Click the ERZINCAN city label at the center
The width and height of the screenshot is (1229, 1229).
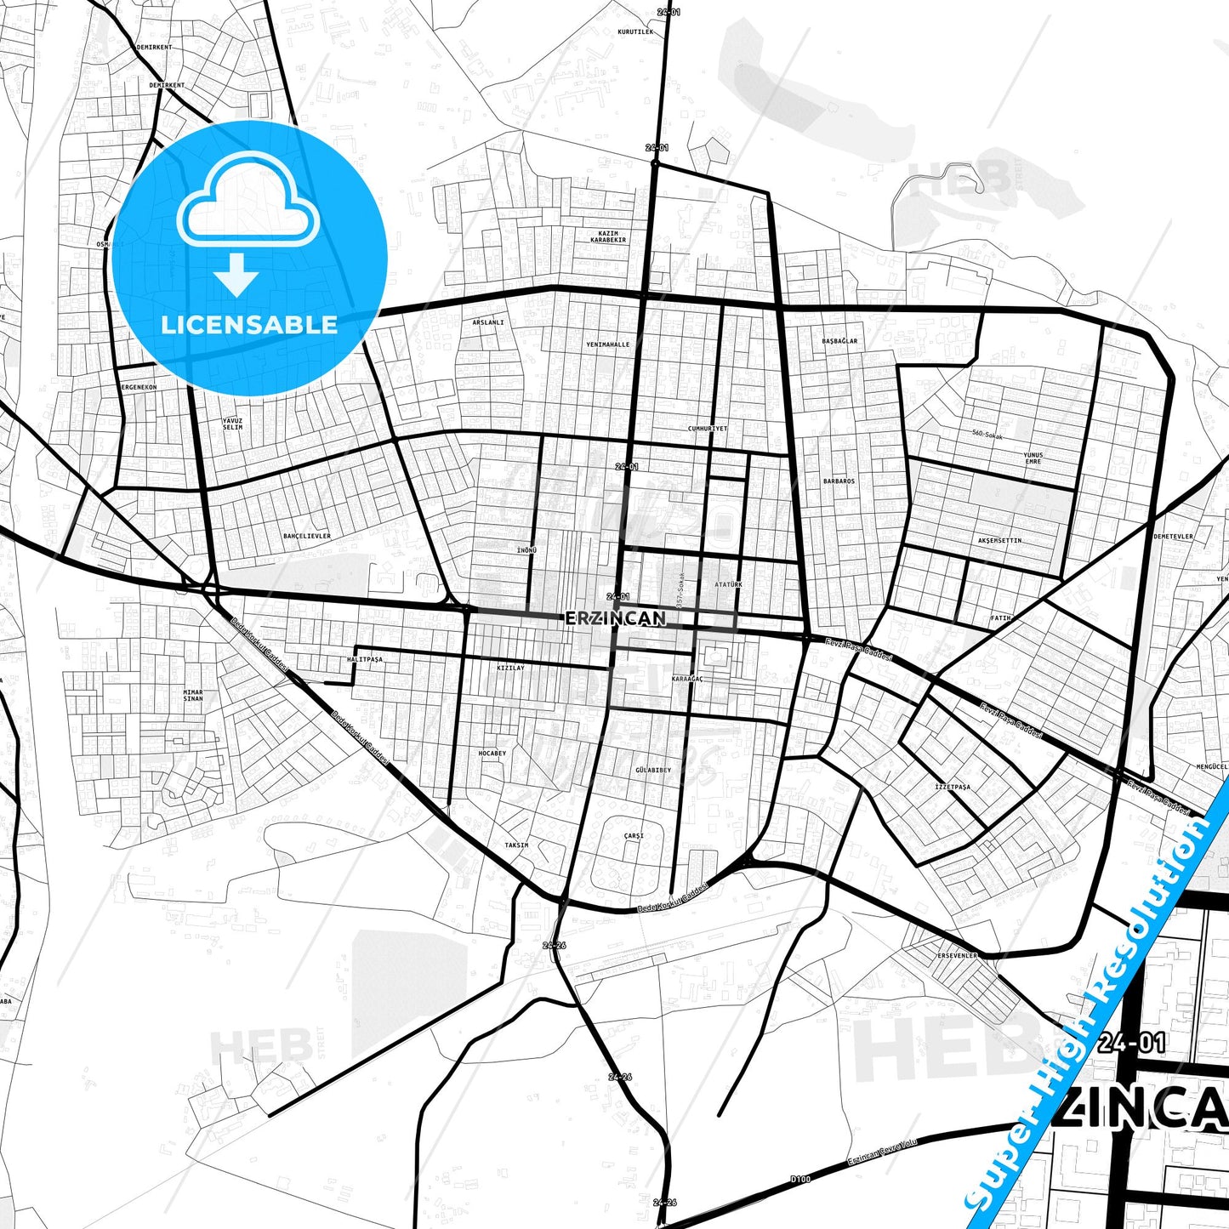[615, 618]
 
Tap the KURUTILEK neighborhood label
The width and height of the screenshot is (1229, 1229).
[635, 31]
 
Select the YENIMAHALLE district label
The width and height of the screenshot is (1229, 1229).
[608, 344]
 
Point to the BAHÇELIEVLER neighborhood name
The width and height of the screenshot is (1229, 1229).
[307, 536]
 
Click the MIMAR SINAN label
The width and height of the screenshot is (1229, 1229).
[193, 696]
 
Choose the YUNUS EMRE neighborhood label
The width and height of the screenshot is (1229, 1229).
[1033, 458]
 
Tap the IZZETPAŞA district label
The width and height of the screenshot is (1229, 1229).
[952, 787]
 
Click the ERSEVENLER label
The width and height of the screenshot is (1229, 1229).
[957, 955]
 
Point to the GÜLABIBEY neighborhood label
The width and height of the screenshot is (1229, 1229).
[652, 770]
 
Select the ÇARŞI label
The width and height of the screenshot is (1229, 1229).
[634, 835]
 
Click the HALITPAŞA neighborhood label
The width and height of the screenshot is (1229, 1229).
[365, 659]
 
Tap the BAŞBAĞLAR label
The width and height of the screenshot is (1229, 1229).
[839, 340]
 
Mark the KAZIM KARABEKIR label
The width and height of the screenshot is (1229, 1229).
[608, 236]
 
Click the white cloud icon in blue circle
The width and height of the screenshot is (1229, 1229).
[248, 201]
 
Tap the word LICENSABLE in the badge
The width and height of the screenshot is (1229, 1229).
[249, 324]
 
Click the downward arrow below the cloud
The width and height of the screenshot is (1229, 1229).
[236, 275]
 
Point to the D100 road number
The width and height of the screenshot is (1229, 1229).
[799, 1179]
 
